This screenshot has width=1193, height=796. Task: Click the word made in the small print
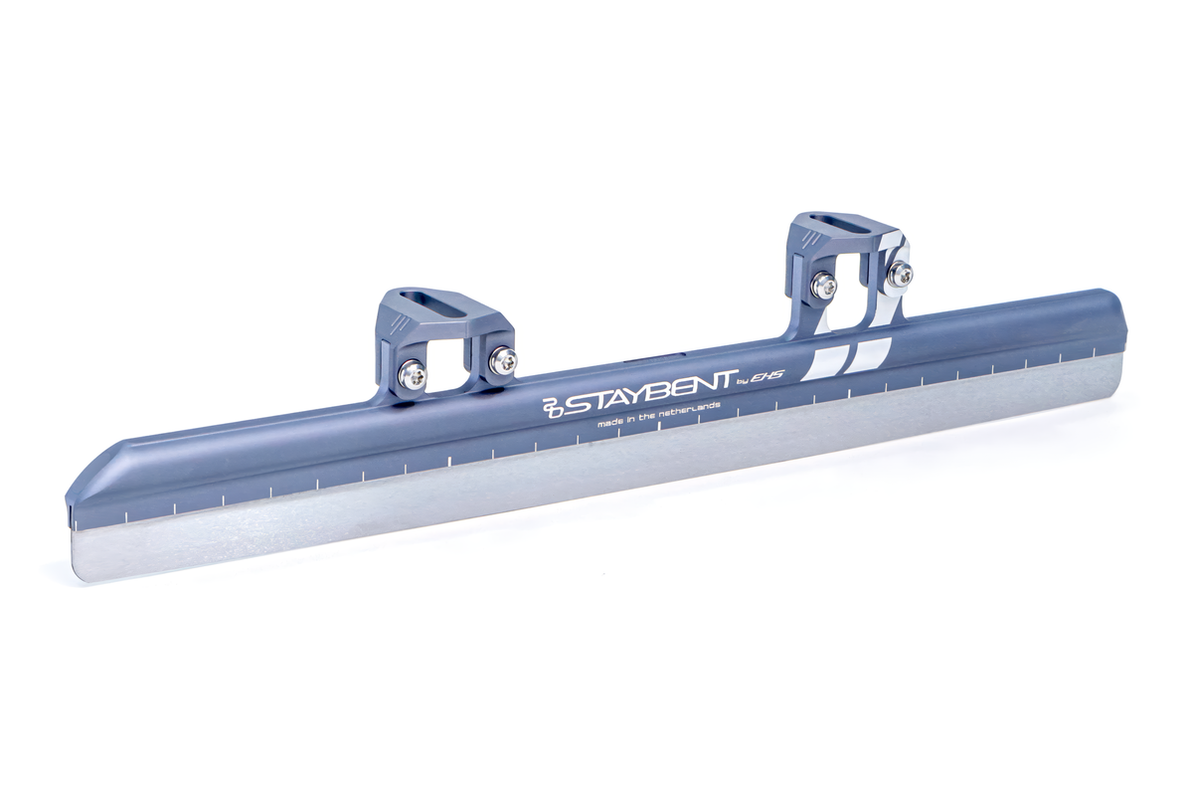pos(609,424)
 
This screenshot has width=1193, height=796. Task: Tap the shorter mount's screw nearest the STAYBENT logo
pos(503,360)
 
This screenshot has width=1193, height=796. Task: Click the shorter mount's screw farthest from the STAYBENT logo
pos(413,374)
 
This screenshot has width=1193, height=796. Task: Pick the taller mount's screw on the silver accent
pos(901,274)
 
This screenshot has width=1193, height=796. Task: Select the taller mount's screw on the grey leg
pos(823,286)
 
